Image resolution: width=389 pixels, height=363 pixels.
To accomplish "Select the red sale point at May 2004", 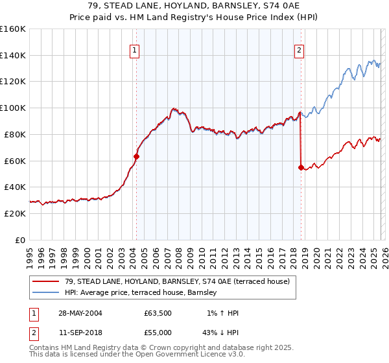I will pyautogui.click(x=137, y=156).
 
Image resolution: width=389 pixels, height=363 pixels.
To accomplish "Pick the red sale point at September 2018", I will pyautogui.click(x=301, y=167).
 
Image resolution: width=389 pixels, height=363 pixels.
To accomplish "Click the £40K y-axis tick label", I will pyautogui.click(x=15, y=187).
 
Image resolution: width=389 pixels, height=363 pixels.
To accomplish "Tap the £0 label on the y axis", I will pyautogui.click(x=21, y=240).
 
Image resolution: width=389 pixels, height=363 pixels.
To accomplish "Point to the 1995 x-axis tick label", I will pyautogui.click(x=30, y=255).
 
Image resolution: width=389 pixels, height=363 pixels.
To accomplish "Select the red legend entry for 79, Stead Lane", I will pyautogui.click(x=172, y=281).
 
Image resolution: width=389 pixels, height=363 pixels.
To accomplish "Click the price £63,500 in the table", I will pyautogui.click(x=158, y=313).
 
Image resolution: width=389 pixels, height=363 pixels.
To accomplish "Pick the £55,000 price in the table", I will pyautogui.click(x=158, y=333).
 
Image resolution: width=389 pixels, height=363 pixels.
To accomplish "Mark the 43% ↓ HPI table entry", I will pyautogui.click(x=219, y=333).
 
